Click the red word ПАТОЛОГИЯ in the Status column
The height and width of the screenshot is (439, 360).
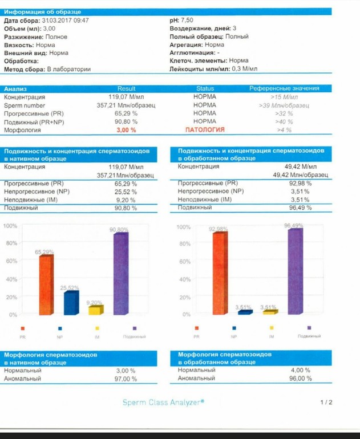[205, 130]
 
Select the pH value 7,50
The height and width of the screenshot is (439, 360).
[187, 20]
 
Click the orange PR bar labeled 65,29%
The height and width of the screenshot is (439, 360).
[46, 284]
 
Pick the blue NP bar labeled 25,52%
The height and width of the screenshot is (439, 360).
[71, 303]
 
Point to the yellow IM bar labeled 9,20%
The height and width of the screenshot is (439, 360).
[95, 310]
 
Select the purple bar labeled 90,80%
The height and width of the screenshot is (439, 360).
[120, 273]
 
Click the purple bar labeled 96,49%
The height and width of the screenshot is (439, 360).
[294, 271]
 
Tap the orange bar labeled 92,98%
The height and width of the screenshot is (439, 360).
[219, 273]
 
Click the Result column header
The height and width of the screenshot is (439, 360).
[127, 89]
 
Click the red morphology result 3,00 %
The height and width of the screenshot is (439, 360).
[126, 130]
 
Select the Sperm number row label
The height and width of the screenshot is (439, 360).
[25, 105]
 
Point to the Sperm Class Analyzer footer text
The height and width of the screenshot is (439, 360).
[164, 403]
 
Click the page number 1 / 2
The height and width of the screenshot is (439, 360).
[326, 403]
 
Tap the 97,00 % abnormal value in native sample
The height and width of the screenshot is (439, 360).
[126, 379]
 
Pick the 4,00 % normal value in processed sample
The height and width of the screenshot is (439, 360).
[300, 370]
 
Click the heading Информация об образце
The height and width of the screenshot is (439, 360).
[43, 12]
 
